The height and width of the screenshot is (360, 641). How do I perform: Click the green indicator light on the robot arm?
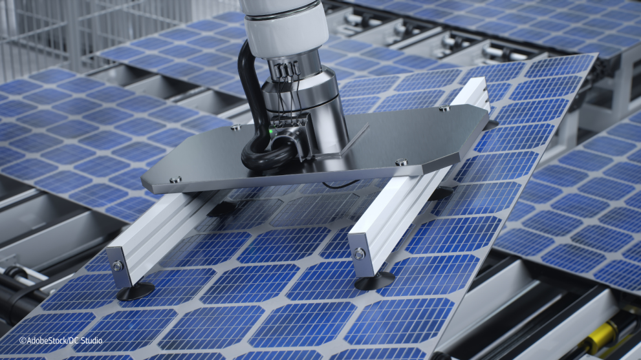coord(270,132)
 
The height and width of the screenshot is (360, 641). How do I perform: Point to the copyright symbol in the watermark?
coord(23,341)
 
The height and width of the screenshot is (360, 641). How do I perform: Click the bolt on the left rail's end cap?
coord(117,266)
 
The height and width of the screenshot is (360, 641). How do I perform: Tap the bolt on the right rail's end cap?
coord(360,254)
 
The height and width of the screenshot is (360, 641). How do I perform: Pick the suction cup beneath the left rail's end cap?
coord(136,291)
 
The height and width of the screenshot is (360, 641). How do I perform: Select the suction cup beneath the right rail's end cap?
coord(375,281)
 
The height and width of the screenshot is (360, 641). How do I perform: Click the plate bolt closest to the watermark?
coord(175,180)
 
